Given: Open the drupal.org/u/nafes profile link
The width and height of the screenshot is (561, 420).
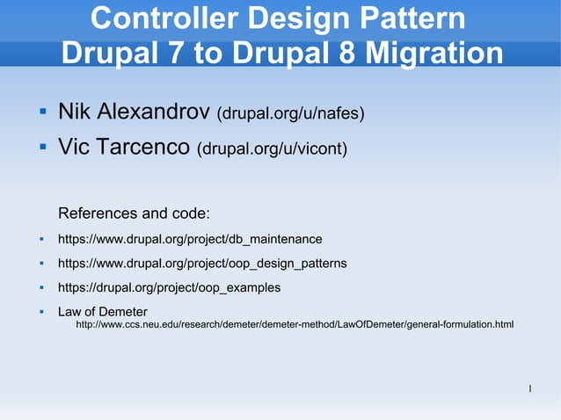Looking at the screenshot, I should coord(291,114).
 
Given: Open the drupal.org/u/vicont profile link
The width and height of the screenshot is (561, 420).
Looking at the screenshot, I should coord(273,150).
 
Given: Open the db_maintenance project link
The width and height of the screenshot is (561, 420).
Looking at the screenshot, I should coord(190,239).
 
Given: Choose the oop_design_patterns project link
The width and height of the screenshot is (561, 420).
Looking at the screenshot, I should coord(202,264).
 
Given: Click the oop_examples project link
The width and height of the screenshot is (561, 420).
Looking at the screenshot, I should coord(170,287).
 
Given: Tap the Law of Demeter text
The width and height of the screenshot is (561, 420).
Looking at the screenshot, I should coord(103,312).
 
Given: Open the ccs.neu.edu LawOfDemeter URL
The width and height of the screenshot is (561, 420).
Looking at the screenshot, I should coord(295,325).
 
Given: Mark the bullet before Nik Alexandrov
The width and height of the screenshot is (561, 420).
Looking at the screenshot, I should coord(41,112).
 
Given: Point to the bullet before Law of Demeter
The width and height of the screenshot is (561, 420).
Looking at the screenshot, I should coord(41,312).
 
